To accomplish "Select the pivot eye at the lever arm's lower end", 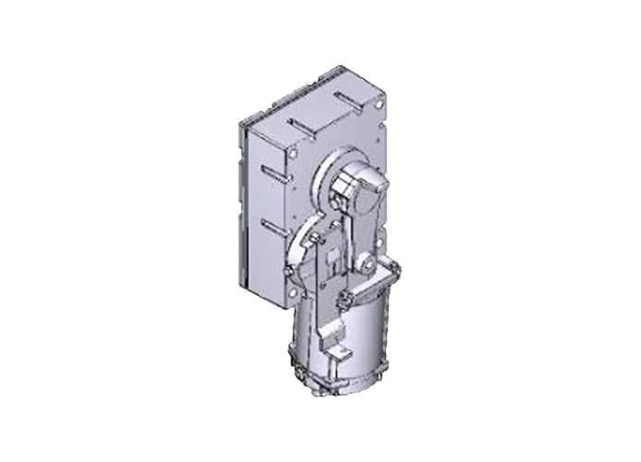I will click(x=367, y=264).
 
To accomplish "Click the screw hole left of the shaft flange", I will click(x=305, y=148).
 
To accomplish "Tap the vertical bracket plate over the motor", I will click(x=323, y=286).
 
